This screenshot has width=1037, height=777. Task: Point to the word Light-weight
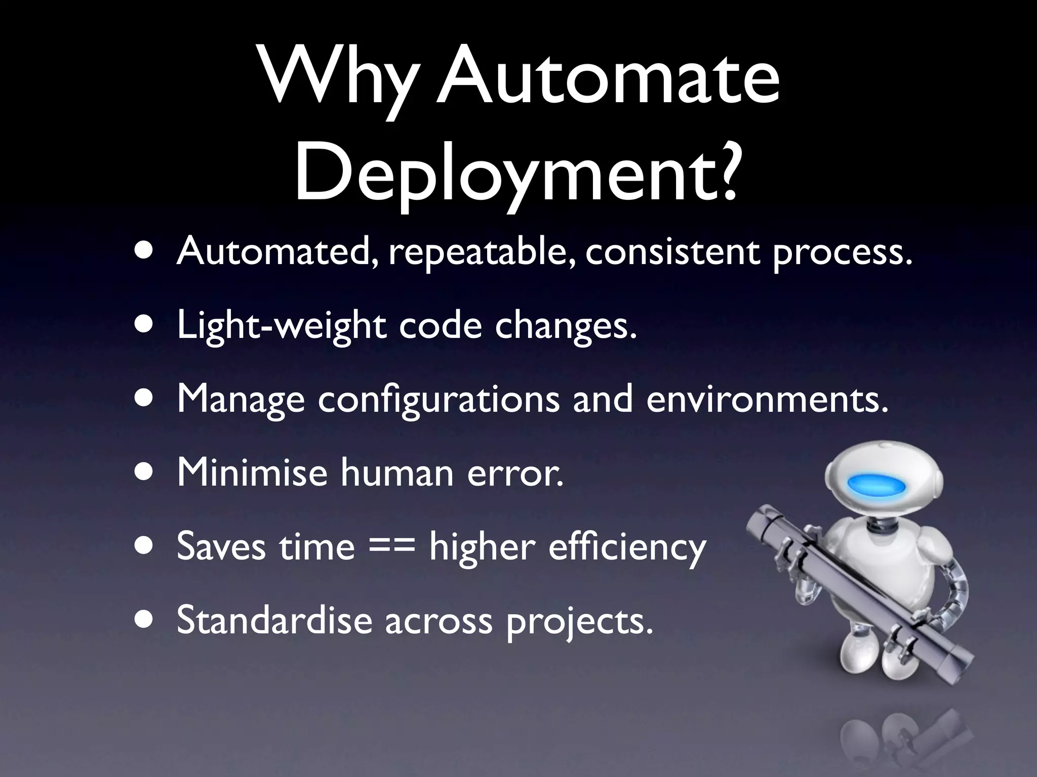(x=281, y=326)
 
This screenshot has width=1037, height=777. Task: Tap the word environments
(x=767, y=400)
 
